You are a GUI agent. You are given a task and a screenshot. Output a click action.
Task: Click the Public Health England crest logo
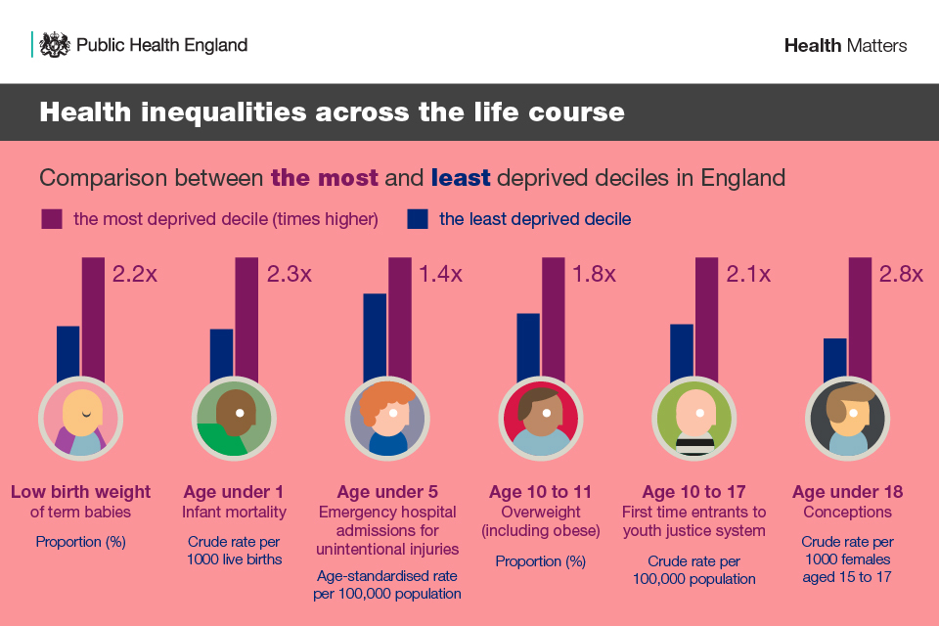(x=54, y=45)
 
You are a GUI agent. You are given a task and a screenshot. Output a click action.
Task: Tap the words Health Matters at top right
(x=845, y=45)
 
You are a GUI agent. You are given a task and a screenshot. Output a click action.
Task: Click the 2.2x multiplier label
(x=135, y=274)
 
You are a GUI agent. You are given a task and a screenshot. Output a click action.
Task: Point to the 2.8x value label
(x=901, y=274)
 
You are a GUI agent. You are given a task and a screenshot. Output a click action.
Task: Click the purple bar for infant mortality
(x=246, y=318)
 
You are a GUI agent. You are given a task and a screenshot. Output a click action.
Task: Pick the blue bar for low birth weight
(x=67, y=352)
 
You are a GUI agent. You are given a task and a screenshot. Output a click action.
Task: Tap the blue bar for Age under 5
(x=375, y=335)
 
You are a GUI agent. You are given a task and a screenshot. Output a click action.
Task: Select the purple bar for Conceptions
(x=860, y=318)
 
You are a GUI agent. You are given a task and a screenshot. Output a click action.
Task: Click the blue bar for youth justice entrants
(x=682, y=351)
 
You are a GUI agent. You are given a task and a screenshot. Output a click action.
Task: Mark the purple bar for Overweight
(x=554, y=318)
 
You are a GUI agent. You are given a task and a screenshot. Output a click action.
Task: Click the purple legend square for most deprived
(x=52, y=219)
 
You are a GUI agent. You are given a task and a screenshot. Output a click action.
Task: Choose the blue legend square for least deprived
(x=418, y=219)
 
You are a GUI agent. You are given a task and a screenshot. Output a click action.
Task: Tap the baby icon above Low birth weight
(x=81, y=419)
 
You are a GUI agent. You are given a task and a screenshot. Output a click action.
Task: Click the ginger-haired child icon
(x=388, y=419)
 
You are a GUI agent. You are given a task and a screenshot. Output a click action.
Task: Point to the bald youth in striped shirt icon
(x=694, y=419)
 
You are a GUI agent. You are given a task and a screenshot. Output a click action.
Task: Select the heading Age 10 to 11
(x=541, y=491)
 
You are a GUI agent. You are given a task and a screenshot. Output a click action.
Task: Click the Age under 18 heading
(x=847, y=491)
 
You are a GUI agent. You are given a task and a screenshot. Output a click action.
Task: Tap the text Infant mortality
(x=234, y=512)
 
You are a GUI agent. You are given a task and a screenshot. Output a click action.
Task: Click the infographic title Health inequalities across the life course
(x=332, y=112)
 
